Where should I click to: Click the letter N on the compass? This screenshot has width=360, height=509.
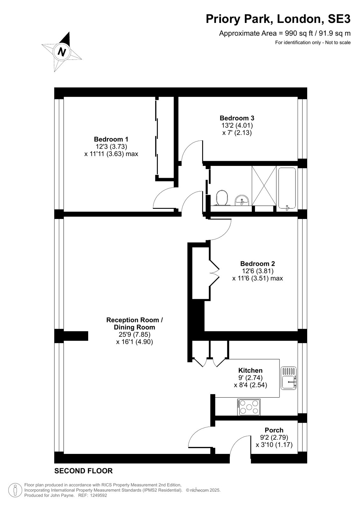tap(62, 52)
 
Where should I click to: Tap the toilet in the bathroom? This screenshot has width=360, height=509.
tap(222, 198)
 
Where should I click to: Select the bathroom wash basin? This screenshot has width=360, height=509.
tap(242, 200)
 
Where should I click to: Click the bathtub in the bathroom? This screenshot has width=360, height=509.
tap(287, 188)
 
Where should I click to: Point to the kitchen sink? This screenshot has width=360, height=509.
tap(288, 378)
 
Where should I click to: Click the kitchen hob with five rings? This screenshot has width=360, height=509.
tap(249, 407)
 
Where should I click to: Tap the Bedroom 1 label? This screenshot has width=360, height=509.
tap(111, 139)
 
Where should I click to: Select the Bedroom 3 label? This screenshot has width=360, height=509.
tap(237, 118)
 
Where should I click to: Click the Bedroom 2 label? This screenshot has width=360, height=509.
tap(258, 264)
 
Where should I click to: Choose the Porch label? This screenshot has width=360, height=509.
tap(274, 430)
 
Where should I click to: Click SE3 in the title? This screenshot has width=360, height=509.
tap(339, 19)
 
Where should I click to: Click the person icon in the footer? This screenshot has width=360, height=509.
tap(15, 490)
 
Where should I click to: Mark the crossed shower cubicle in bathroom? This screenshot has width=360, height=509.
tap(264, 186)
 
